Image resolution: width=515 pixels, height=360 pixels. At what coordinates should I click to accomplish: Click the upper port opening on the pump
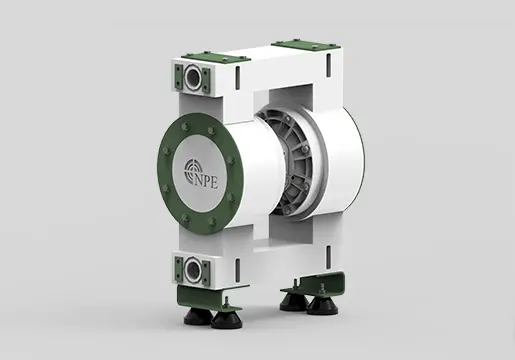193,78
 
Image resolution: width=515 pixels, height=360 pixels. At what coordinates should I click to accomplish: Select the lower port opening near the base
192,268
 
